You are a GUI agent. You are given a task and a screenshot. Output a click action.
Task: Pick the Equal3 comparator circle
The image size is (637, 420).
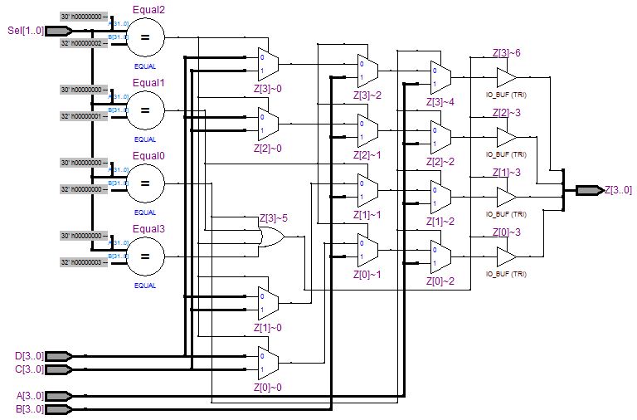pos(145,256)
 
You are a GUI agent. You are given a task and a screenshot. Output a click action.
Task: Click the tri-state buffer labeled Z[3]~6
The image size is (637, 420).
pos(506,77)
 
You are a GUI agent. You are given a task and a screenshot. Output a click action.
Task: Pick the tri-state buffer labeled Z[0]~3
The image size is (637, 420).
pos(506,256)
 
